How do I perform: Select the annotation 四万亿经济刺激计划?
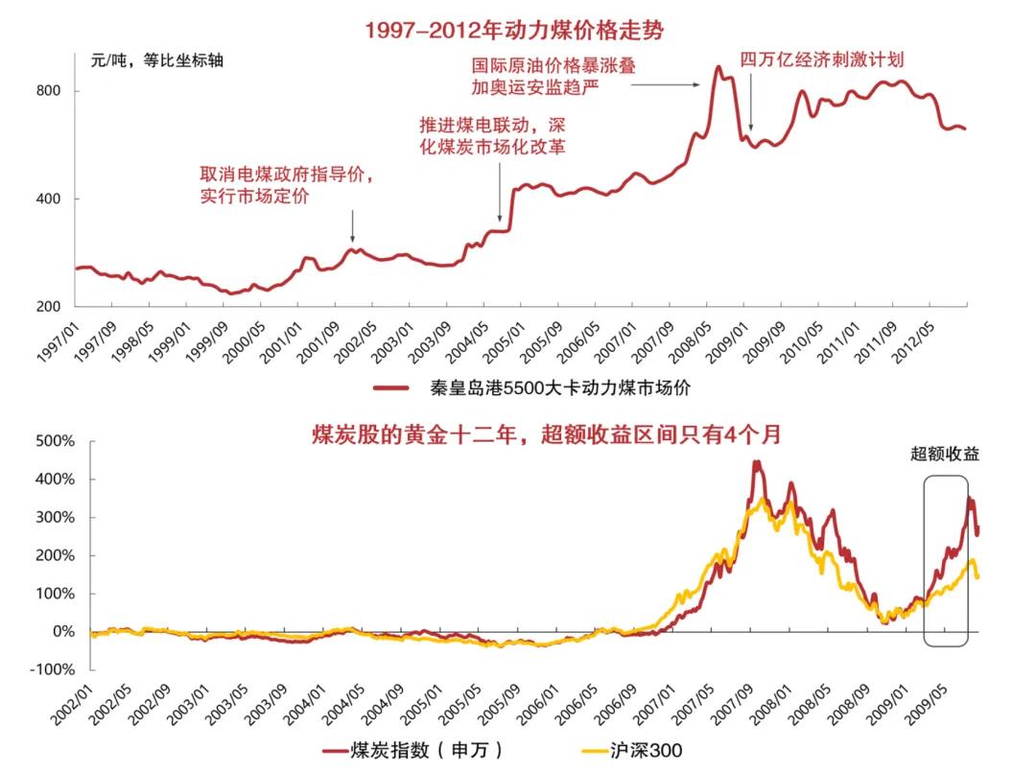(x=821, y=59)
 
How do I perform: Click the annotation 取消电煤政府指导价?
(x=285, y=175)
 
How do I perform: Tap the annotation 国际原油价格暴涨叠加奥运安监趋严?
(x=553, y=77)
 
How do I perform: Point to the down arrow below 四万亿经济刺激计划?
(x=751, y=104)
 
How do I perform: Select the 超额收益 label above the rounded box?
(x=945, y=455)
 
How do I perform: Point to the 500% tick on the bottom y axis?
(x=55, y=441)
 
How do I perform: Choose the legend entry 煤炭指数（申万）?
(x=413, y=750)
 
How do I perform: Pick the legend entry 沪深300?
(x=633, y=750)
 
